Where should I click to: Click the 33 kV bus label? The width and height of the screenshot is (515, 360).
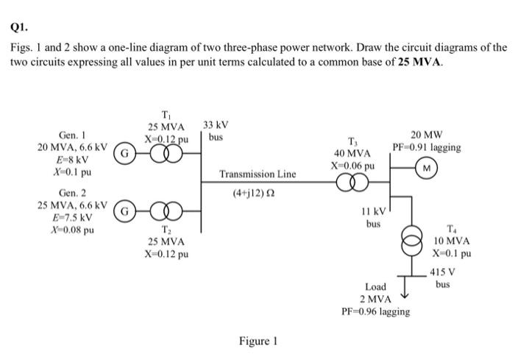tap(216, 131)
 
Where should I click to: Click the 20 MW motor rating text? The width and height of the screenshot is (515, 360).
tap(427, 135)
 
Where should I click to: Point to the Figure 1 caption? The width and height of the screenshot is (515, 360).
tap(258, 341)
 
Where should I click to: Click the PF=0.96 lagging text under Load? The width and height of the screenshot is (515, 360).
tap(376, 311)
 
